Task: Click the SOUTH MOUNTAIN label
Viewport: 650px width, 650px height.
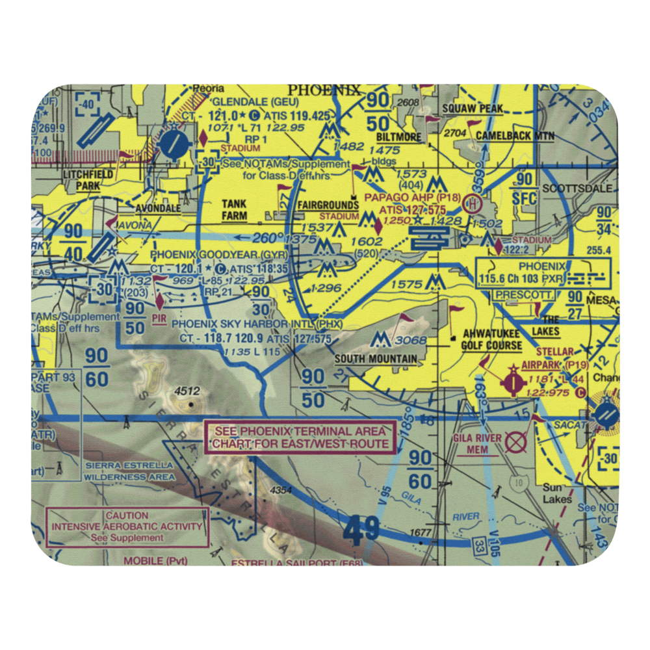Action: pyautogui.click(x=376, y=359)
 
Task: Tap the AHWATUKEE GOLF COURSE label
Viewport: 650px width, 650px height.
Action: pyautogui.click(x=491, y=340)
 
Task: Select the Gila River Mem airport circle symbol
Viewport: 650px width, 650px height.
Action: pyautogui.click(x=516, y=444)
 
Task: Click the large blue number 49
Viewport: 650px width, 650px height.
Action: pyautogui.click(x=362, y=530)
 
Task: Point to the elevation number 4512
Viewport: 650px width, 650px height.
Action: pyautogui.click(x=186, y=391)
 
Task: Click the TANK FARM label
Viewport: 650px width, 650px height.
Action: pyautogui.click(x=234, y=209)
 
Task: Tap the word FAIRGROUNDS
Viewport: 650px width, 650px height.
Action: pyautogui.click(x=328, y=205)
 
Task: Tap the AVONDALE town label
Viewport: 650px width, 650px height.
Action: pyautogui.click(x=156, y=209)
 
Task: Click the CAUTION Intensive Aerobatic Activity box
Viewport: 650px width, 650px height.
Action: pyautogui.click(x=127, y=526)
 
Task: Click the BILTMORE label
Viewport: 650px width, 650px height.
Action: pyautogui.click(x=399, y=138)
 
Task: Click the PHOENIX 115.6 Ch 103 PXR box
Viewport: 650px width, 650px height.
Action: pyautogui.click(x=543, y=273)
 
